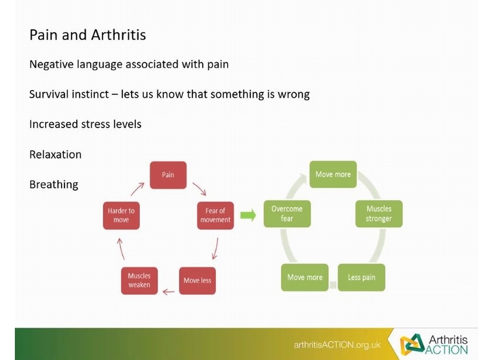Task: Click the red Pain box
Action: [168, 175]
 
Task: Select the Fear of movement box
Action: [215, 216]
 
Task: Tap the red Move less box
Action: [198, 280]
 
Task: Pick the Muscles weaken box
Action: [139, 280]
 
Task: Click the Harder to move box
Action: [122, 216]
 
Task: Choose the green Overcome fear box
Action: [287, 214]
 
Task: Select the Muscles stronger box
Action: [379, 214]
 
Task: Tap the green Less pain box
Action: [362, 277]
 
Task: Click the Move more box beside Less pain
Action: [305, 277]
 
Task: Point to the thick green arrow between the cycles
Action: [248, 216]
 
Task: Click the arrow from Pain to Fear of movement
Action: [199, 189]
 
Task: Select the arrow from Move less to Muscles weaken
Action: [168, 292]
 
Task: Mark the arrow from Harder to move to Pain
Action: [137, 189]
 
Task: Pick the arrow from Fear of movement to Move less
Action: [215, 248]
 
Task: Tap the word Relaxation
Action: [55, 154]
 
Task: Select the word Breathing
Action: [54, 184]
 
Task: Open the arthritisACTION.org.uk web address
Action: [337, 345]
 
